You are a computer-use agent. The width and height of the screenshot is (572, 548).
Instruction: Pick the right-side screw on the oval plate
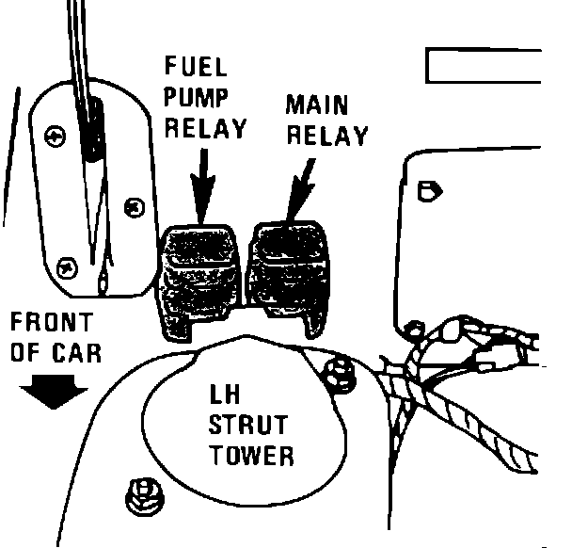point(135,205)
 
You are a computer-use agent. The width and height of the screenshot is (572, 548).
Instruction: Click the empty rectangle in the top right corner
point(484,66)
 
